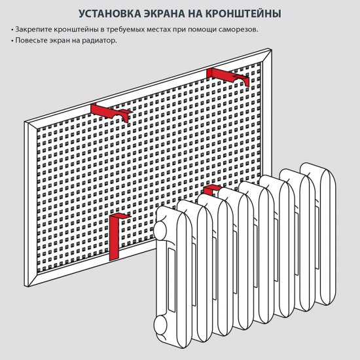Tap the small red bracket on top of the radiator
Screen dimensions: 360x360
(x=211, y=190)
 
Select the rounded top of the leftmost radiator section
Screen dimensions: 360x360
(x=171, y=212)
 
